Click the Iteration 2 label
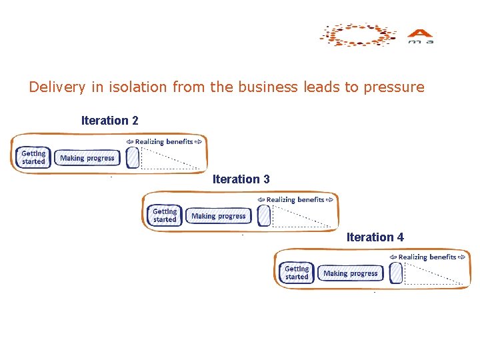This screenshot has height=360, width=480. click(109, 121)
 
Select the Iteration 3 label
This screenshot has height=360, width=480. click(241, 179)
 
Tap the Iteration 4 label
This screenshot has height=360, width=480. click(375, 237)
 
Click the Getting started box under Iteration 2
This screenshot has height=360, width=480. click(33, 157)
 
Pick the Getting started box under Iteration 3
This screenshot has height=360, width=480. click(165, 215)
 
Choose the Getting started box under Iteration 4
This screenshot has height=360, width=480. click(297, 273)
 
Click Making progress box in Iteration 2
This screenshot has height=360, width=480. click(87, 158)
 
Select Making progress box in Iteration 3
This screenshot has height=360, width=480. click(219, 216)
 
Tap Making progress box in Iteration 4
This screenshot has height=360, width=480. click(351, 273)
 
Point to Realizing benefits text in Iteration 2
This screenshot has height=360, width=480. click(164, 141)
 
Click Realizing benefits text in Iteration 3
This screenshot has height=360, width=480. click(295, 199)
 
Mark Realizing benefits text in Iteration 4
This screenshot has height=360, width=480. click(427, 257)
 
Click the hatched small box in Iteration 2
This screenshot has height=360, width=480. click(132, 157)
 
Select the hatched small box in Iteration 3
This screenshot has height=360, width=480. click(263, 215)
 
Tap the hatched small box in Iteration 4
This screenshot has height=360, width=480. click(396, 273)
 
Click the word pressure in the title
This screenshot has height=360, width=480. click(394, 87)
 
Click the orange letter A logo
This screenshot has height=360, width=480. click(421, 34)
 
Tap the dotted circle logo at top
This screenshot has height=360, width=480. click(357, 35)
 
